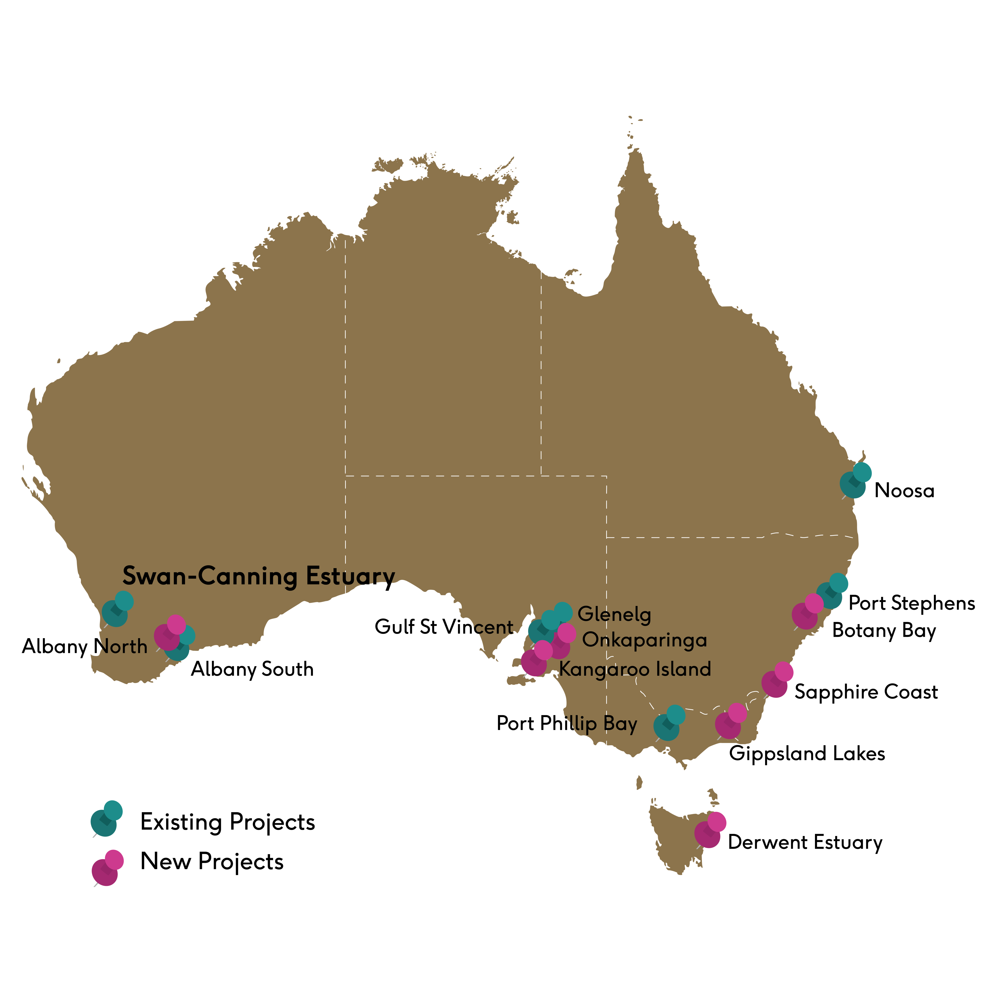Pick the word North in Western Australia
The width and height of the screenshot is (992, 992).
(x=122, y=646)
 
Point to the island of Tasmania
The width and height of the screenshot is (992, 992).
(x=678, y=832)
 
